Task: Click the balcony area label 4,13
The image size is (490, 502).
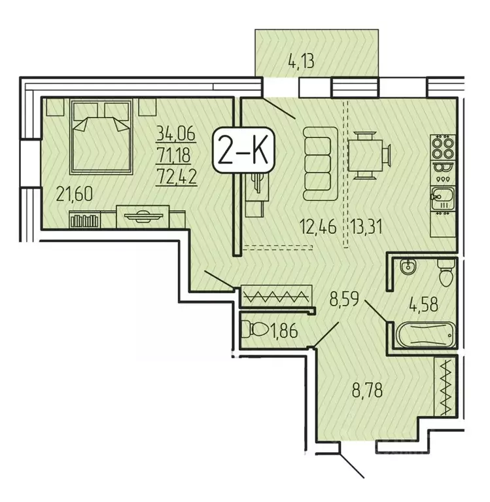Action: [x=302, y=63]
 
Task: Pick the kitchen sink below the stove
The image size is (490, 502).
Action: [x=442, y=196]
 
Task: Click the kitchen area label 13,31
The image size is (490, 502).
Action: [x=366, y=227]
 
